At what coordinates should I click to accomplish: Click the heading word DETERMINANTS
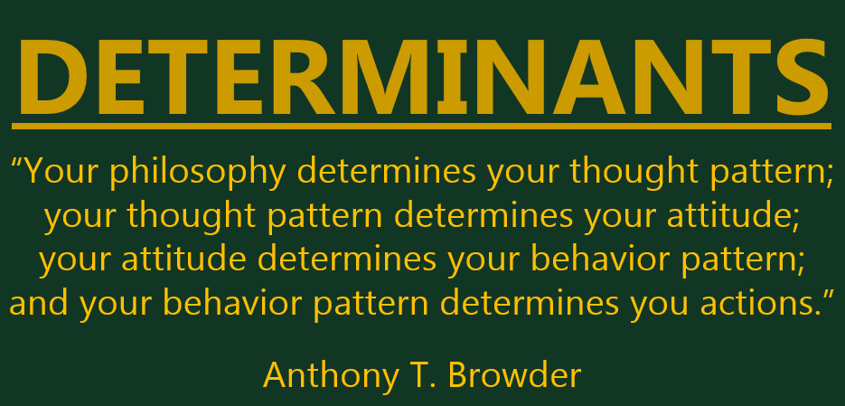coord(421,73)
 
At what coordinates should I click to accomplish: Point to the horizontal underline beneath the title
coord(421,125)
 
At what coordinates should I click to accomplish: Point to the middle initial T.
coord(426,373)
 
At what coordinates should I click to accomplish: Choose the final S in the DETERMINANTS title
coord(801,73)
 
